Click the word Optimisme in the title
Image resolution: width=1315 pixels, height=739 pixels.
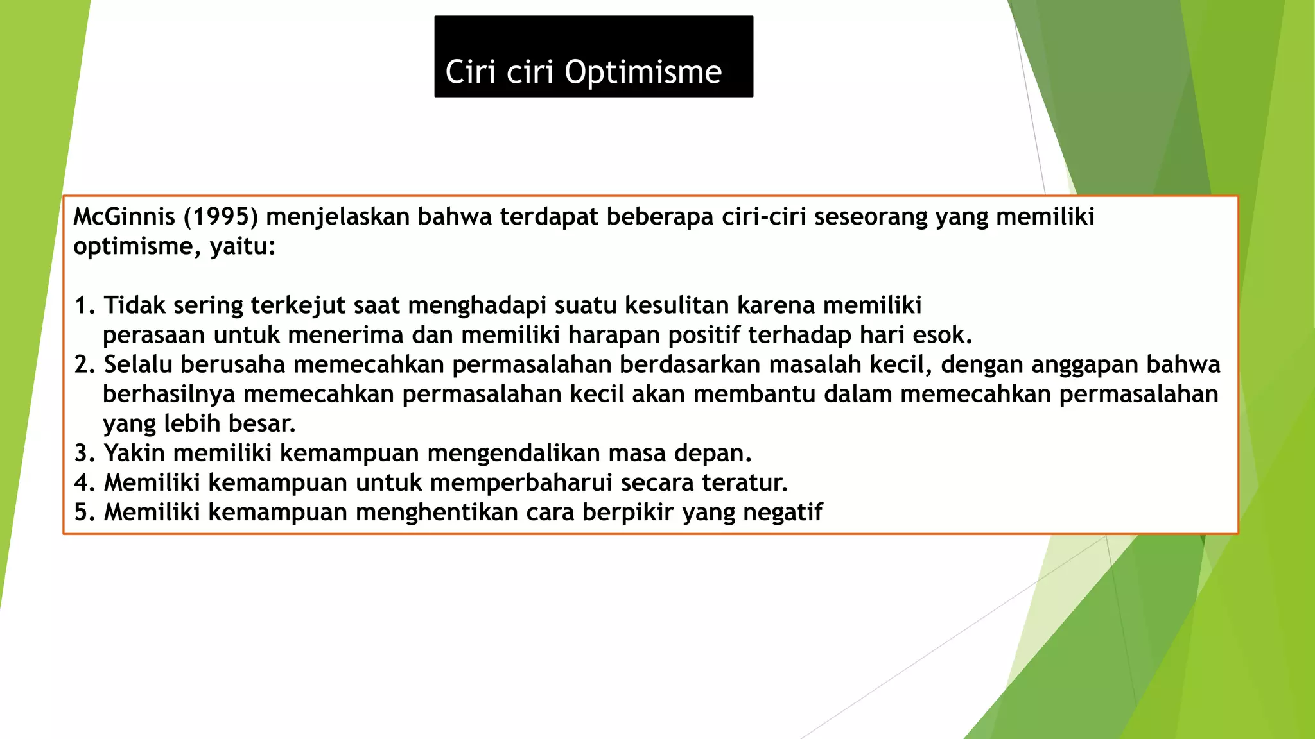(643, 72)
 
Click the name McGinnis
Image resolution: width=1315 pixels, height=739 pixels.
(124, 217)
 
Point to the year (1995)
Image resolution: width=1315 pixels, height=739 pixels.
(221, 217)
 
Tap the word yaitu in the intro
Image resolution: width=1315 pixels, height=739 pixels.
(241, 246)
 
